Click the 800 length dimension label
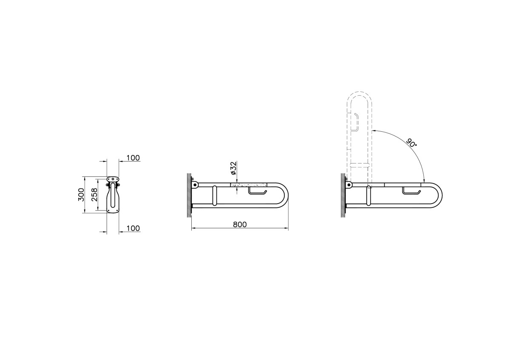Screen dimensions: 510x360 240,224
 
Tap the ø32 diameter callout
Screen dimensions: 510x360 234,168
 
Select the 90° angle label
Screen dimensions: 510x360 411,142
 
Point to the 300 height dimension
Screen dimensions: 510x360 81,195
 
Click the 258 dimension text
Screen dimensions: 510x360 94,195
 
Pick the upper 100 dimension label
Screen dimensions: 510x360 133,158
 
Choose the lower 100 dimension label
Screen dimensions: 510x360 133,228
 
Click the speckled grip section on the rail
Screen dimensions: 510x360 249,184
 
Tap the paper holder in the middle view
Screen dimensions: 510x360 257,191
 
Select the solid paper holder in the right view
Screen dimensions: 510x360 411,190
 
